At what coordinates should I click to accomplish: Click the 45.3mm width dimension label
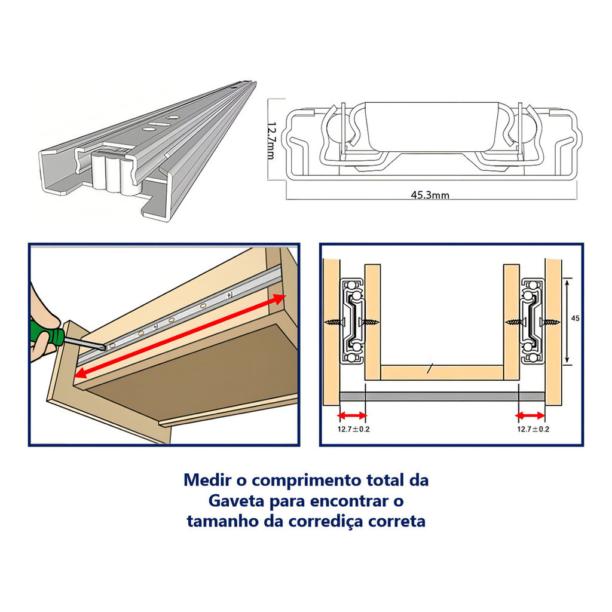[x=430, y=194]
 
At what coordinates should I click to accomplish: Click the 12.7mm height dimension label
[x=271, y=140]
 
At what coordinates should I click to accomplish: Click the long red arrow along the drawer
[x=180, y=336]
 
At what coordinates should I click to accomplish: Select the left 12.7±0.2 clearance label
[x=353, y=429]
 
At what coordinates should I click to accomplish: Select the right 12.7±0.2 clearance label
[x=533, y=429]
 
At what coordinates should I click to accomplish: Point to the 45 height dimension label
[x=575, y=319]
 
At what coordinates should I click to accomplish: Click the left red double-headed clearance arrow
[x=352, y=415]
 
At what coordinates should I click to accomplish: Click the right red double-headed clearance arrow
[x=531, y=415]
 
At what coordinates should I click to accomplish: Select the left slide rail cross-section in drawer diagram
[x=353, y=321]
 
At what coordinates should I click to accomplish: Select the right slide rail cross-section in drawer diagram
[x=533, y=321]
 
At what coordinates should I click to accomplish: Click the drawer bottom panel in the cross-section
[x=442, y=373]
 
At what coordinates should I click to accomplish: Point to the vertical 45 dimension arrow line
[x=567, y=321]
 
